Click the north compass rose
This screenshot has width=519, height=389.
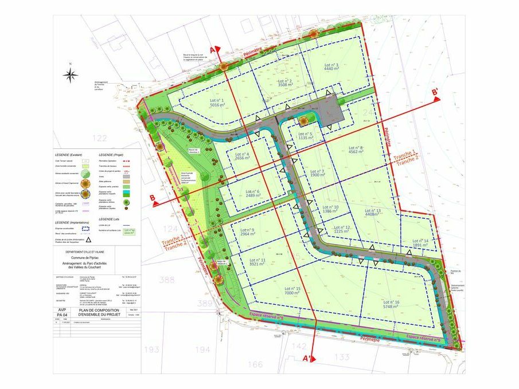point(71,75)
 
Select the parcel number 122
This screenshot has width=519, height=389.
point(100,137)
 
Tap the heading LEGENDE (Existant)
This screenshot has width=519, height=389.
point(69,155)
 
